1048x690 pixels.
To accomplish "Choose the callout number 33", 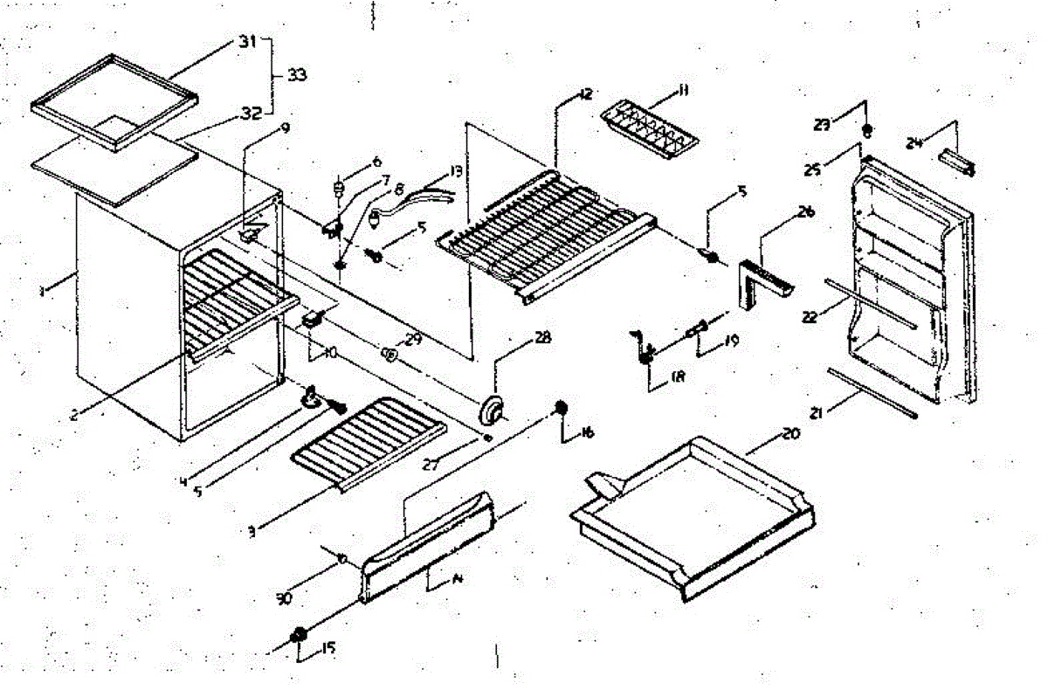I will click(x=297, y=76).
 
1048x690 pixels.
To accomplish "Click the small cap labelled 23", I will click(x=866, y=131).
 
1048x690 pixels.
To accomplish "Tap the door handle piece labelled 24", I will click(x=955, y=162).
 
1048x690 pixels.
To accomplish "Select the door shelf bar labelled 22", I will click(x=869, y=305).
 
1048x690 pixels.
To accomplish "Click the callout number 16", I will click(x=585, y=431).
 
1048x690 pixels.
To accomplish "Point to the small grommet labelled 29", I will click(x=390, y=355).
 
